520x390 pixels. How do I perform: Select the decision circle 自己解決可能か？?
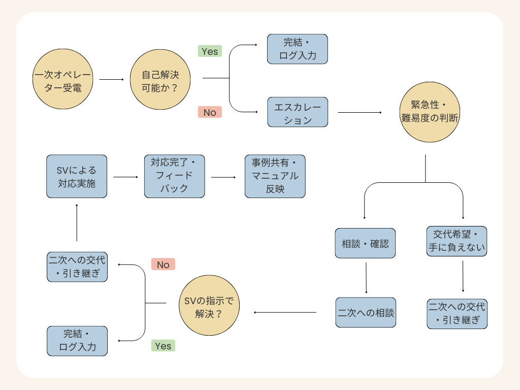[x=160, y=79]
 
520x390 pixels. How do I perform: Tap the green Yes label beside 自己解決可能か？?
[x=210, y=51]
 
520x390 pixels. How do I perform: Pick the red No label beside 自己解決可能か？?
[x=210, y=112]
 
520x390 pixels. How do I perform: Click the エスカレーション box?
[x=298, y=112]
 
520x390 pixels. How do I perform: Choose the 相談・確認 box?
[x=365, y=243]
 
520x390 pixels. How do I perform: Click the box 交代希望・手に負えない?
[x=457, y=241]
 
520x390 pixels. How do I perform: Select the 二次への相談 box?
[x=366, y=312]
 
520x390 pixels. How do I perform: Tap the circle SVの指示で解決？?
[x=209, y=306]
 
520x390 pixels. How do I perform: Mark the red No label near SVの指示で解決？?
[x=163, y=264]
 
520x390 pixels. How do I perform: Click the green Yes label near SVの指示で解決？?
[x=163, y=346]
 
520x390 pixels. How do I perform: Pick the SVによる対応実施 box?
[x=77, y=176]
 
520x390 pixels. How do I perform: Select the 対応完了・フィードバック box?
[x=174, y=176]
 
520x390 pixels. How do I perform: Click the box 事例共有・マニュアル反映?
[x=275, y=176]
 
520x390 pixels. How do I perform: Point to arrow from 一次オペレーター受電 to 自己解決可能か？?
[x=112, y=80]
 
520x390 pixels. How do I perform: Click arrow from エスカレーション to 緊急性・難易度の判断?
[x=360, y=112]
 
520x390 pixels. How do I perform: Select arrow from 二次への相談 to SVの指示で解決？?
[x=285, y=312]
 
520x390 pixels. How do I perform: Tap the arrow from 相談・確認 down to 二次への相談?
[x=366, y=278]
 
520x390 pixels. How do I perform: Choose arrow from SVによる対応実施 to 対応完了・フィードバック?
[x=125, y=177]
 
